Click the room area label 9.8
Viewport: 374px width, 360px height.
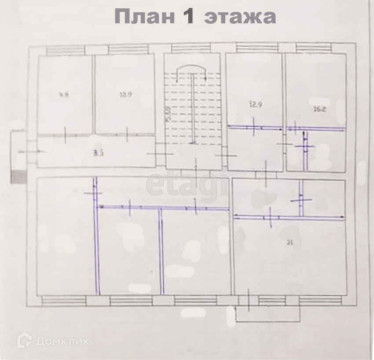(x=64, y=94)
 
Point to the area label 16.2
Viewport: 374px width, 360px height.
(x=320, y=110)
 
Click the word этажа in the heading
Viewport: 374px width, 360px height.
(x=240, y=17)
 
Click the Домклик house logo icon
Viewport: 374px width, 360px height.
(x=25, y=340)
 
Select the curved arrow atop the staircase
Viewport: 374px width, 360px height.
(x=192, y=70)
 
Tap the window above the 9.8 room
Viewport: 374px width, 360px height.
(x=66, y=49)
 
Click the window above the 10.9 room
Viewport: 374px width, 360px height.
(x=128, y=49)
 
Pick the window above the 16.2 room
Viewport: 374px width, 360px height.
(x=314, y=48)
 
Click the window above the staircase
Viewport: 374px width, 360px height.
(x=191, y=48)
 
